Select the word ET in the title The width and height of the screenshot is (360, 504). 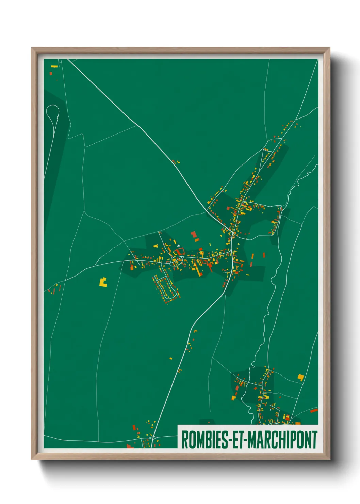click(239, 440)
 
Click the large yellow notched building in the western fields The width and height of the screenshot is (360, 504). click(103, 282)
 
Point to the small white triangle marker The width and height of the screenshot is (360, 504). click(178, 245)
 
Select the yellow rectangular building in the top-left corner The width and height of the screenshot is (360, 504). click(54, 66)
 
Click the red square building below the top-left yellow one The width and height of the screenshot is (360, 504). click(51, 73)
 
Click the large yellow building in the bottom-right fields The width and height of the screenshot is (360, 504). click(300, 377)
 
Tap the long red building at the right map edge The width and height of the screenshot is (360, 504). click(314, 411)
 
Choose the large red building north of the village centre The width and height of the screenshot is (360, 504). click(194, 234)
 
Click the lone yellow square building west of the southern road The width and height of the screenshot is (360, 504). click(171, 358)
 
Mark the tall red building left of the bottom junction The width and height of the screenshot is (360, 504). click(134, 428)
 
